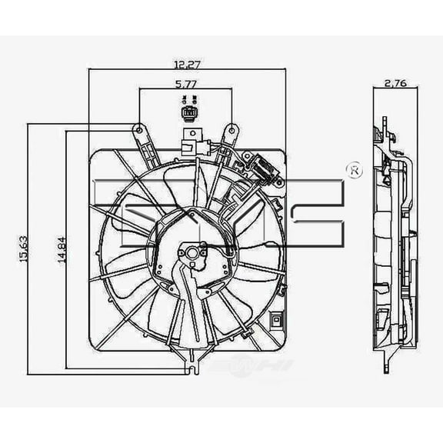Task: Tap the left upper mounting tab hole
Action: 138,130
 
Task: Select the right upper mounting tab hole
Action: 230,130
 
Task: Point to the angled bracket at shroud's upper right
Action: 261,169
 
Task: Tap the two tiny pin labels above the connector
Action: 188,100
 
